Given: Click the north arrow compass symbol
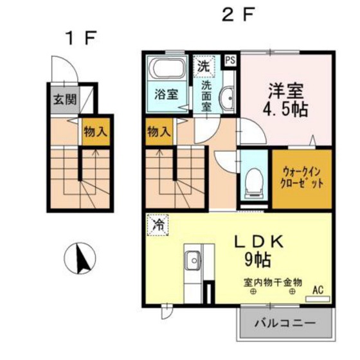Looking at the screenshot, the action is (x=80, y=258).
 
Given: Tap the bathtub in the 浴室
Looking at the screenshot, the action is (x=167, y=67).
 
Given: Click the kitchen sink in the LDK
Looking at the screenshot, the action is (x=193, y=260).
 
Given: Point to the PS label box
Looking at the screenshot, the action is (x=230, y=60).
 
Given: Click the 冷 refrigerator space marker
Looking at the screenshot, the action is (x=158, y=225).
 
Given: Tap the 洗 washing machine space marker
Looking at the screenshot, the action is (x=204, y=66).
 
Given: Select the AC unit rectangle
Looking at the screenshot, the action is (x=318, y=299).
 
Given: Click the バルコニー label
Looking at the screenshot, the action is (x=285, y=323).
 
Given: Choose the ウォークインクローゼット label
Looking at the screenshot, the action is (x=301, y=177).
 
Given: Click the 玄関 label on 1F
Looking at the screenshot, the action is (x=65, y=100).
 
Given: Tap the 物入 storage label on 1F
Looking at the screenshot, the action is (x=96, y=132).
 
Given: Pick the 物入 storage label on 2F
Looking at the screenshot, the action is (x=159, y=132).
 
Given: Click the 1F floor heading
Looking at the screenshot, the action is (x=80, y=39).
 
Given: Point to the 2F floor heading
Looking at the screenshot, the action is (x=238, y=14).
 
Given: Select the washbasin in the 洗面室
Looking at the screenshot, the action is (x=228, y=98).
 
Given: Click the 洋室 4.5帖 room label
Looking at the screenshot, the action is (x=285, y=100).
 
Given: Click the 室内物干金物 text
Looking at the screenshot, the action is (x=273, y=282).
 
